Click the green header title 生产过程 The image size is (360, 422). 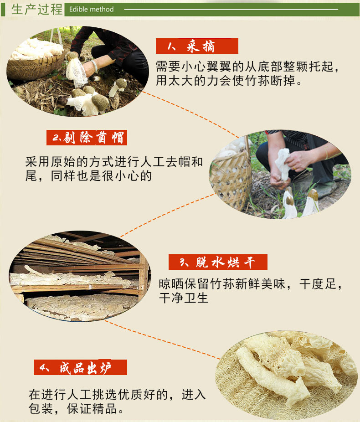[37, 10]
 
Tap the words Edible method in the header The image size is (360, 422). [92, 10]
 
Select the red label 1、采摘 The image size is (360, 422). [197, 46]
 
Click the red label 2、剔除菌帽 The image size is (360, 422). [87, 138]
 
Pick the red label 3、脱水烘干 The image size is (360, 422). [218, 262]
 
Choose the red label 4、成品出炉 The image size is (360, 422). [80, 367]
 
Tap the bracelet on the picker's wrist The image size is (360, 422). [95, 67]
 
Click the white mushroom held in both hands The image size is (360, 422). [283, 164]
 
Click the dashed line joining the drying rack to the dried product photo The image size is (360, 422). [162, 340]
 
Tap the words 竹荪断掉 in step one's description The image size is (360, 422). [270, 81]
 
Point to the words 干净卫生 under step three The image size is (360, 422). [184, 298]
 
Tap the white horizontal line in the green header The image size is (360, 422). [231, 10]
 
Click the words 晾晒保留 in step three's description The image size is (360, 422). [184, 284]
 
